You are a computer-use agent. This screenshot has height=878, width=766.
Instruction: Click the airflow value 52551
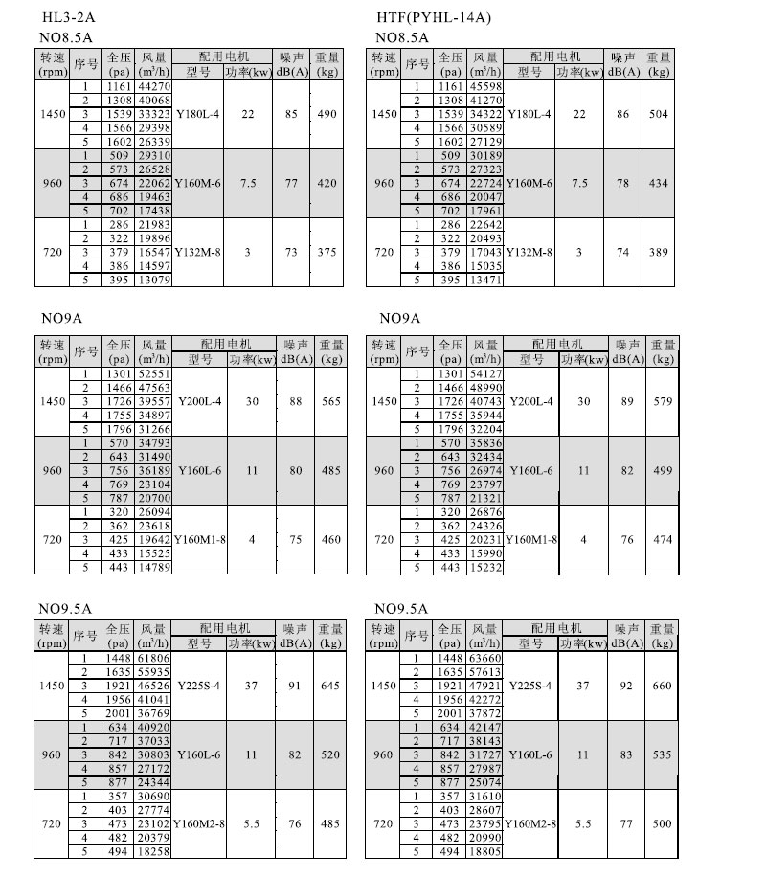point(154,372)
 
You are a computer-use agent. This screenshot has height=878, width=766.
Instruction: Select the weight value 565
point(331,402)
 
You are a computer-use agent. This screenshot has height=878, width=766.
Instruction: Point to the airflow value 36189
point(154,471)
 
